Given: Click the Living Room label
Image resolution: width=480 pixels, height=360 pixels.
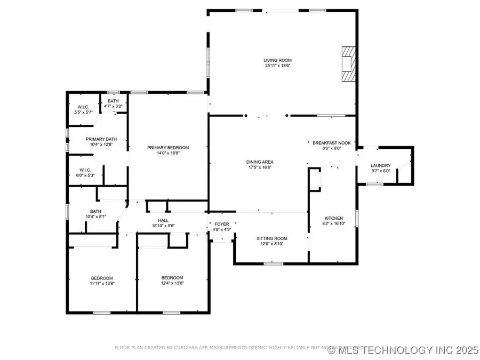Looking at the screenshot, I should [x=278, y=60].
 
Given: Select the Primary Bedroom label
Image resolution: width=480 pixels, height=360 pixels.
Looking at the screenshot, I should [x=168, y=148].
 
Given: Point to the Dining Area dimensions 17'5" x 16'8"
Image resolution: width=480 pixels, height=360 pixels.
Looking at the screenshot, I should [x=260, y=167].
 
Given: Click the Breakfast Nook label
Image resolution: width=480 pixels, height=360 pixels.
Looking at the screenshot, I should [x=331, y=143].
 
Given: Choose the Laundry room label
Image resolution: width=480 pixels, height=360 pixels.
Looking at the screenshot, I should [x=381, y=165].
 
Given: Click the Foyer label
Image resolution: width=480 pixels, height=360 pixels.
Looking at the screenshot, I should [x=222, y=224].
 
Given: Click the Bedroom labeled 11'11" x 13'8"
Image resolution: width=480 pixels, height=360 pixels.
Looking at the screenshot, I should [x=101, y=278].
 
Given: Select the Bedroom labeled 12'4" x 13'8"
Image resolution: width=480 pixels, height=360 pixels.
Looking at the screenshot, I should [x=172, y=278].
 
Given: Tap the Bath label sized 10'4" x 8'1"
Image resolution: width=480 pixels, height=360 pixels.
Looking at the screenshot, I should [x=95, y=211].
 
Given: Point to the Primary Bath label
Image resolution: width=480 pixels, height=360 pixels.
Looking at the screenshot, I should [x=99, y=138].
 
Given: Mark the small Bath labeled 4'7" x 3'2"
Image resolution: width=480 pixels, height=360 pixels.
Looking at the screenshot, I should [x=113, y=101].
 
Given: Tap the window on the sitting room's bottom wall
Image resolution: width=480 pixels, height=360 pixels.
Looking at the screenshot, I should [x=273, y=263].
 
